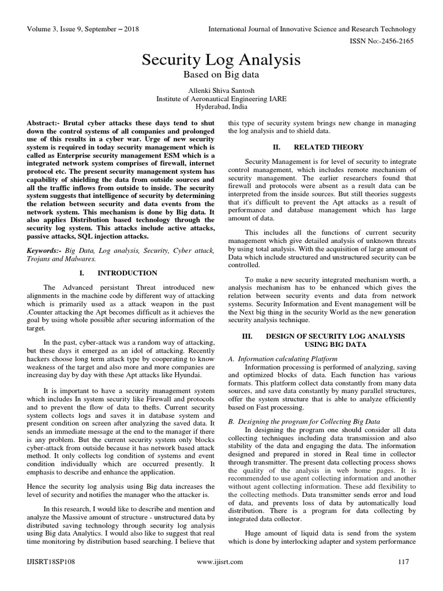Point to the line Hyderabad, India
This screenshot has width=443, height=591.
[x=221, y=107]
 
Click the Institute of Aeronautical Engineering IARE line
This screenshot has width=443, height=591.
[x=221, y=99]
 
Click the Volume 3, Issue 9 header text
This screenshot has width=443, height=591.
[x=83, y=29]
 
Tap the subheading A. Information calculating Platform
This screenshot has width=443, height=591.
[x=283, y=358]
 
